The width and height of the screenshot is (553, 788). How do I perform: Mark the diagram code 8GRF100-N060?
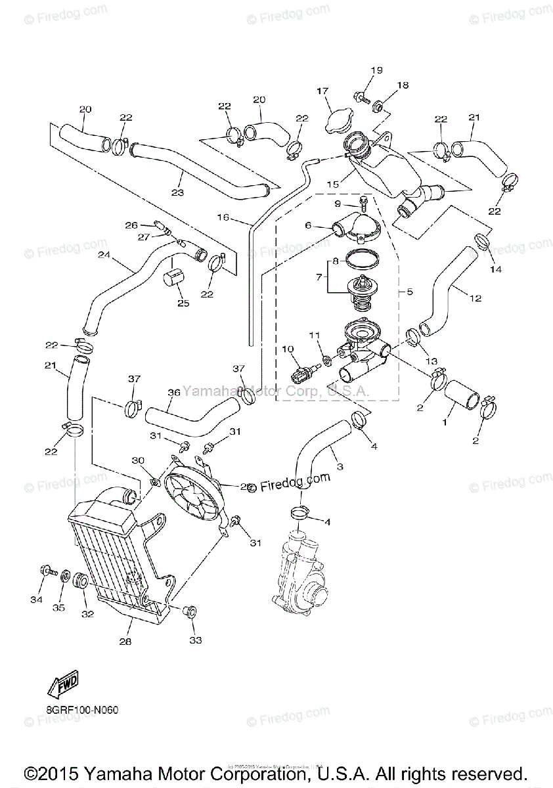[83, 710]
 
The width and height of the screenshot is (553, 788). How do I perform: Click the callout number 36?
[173, 393]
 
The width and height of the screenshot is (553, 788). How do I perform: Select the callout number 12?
[476, 298]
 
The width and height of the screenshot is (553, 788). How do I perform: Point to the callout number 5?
[409, 290]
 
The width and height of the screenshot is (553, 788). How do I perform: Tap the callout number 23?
[177, 192]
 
